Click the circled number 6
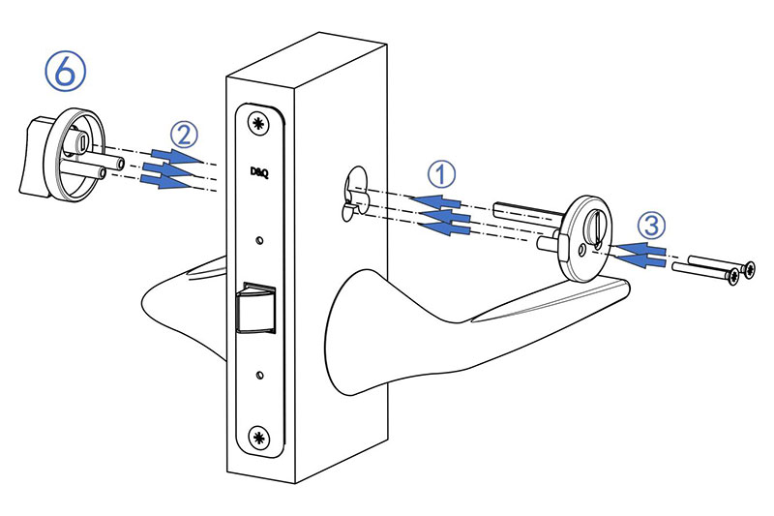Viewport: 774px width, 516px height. pyautogui.click(x=65, y=72)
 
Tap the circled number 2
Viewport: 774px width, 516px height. pyautogui.click(x=184, y=135)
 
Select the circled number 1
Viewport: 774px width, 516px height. pyautogui.click(x=441, y=174)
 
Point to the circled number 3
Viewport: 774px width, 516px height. pyautogui.click(x=651, y=226)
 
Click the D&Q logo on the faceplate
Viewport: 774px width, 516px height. pyautogui.click(x=259, y=173)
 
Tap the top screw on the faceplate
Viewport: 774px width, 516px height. pyautogui.click(x=257, y=124)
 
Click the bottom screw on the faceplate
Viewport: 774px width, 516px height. pyautogui.click(x=258, y=437)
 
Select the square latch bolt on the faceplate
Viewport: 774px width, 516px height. pyautogui.click(x=256, y=307)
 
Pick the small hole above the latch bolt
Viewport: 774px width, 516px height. pyautogui.click(x=258, y=240)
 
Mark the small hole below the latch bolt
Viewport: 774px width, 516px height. pyautogui.click(x=259, y=376)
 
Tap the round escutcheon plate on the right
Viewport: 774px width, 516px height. pyautogui.click(x=585, y=238)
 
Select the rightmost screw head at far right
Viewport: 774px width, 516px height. pyautogui.click(x=748, y=269)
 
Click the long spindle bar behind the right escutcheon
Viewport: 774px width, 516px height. pyautogui.click(x=528, y=212)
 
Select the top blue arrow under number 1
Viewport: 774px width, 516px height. pyautogui.click(x=435, y=201)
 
